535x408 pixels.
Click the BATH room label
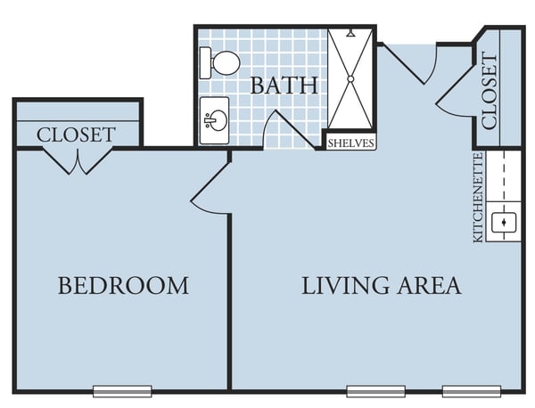pyautogui.click(x=284, y=86)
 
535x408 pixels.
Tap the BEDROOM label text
pyautogui.click(x=124, y=286)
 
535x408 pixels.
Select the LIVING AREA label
pyautogui.click(x=382, y=286)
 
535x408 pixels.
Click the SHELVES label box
pyautogui.click(x=350, y=143)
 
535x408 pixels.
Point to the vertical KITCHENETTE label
pyautogui.click(x=478, y=198)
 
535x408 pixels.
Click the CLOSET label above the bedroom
pyautogui.click(x=76, y=135)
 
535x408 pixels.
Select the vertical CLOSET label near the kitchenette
pyautogui.click(x=490, y=91)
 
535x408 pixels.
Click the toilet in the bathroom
pyautogui.click(x=219, y=63)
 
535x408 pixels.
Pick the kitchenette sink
pyautogui.click(x=504, y=223)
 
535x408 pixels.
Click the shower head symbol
pyautogui.click(x=350, y=33)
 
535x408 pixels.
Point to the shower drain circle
pyautogui.click(x=350, y=79)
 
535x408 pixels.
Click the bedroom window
pyautogui.click(x=122, y=391)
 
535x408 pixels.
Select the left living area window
pyautogui.click(x=376, y=391)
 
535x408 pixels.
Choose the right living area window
pyautogui.click(x=472, y=391)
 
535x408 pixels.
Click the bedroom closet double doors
pyautogui.click(x=78, y=161)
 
